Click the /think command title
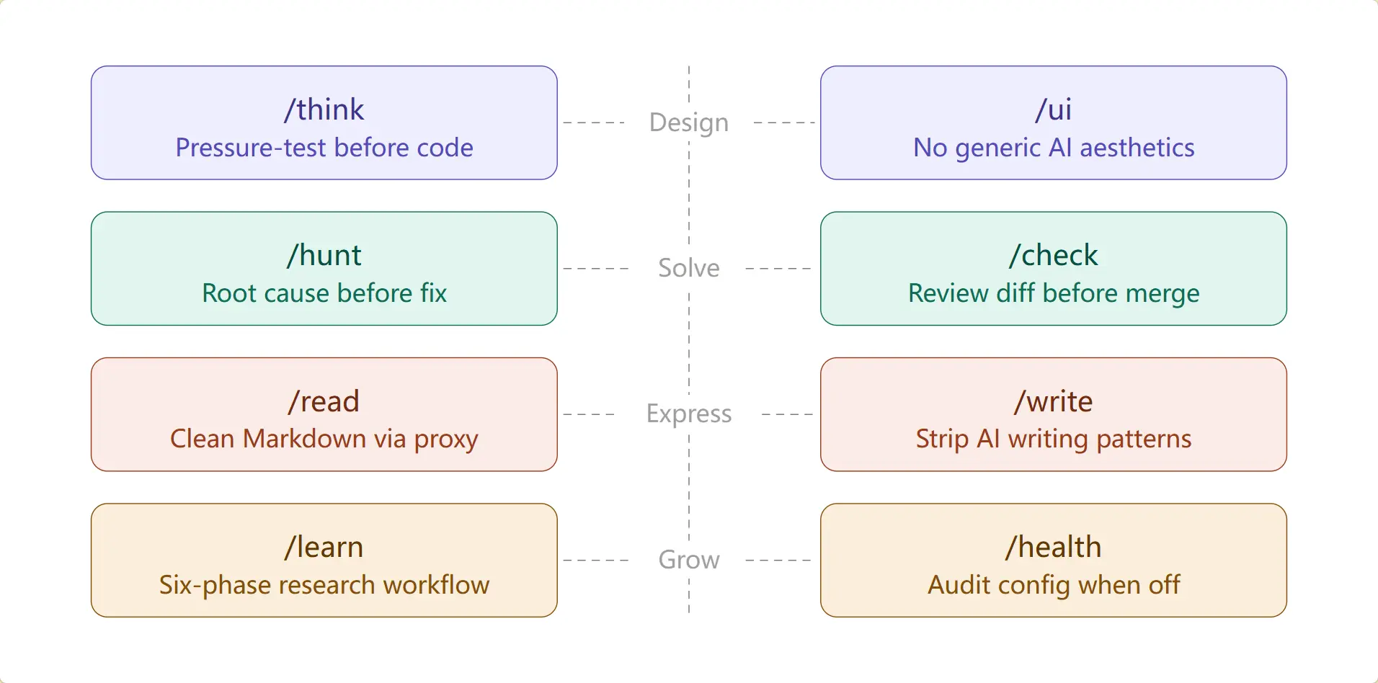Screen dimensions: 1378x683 click(324, 110)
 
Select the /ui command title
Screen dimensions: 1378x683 click(1054, 110)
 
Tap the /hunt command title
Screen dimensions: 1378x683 click(324, 256)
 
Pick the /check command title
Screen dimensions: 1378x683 click(1054, 256)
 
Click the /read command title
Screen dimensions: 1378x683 click(324, 402)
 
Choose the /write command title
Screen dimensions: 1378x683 click(1054, 402)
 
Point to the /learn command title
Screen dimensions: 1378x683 click(324, 548)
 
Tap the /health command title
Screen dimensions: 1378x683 click(1054, 548)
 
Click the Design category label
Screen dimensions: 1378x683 click(689, 122)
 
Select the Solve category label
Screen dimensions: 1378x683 click(689, 268)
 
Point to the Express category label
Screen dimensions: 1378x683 click(689, 414)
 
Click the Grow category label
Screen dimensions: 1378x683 click(689, 560)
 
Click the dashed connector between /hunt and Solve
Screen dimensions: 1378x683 click(596, 268)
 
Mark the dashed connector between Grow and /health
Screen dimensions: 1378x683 click(778, 560)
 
